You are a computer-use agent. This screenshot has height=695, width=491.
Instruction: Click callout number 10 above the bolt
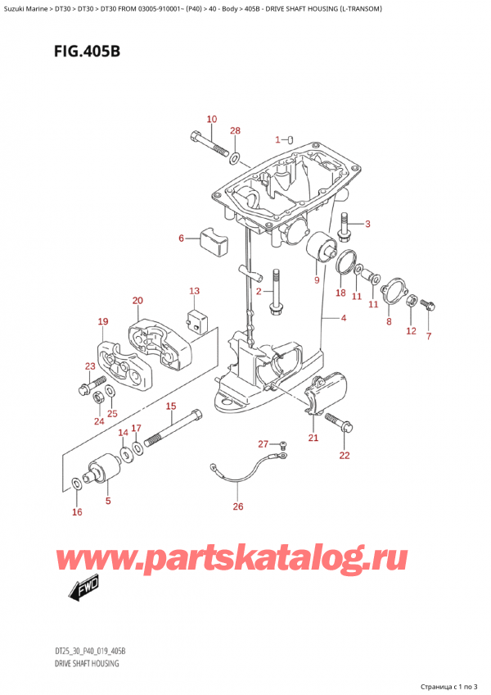[x=211, y=120]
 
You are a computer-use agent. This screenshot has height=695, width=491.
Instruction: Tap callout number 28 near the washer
[x=236, y=132]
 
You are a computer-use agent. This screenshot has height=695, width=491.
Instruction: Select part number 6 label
[x=181, y=238]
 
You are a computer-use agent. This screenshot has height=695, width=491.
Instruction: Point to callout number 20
[x=137, y=301]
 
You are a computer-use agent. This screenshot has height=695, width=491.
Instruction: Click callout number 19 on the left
[x=103, y=321]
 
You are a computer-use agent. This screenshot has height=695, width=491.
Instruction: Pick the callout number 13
[x=194, y=291]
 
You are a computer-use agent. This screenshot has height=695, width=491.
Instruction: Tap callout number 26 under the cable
[x=238, y=506]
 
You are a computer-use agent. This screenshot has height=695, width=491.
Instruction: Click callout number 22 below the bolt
[x=345, y=455]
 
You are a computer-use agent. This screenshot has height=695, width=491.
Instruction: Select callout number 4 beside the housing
[x=343, y=318]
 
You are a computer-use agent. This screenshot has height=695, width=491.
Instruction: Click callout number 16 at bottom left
[x=77, y=512]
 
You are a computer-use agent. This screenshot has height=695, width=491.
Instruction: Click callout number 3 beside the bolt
[x=367, y=224]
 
